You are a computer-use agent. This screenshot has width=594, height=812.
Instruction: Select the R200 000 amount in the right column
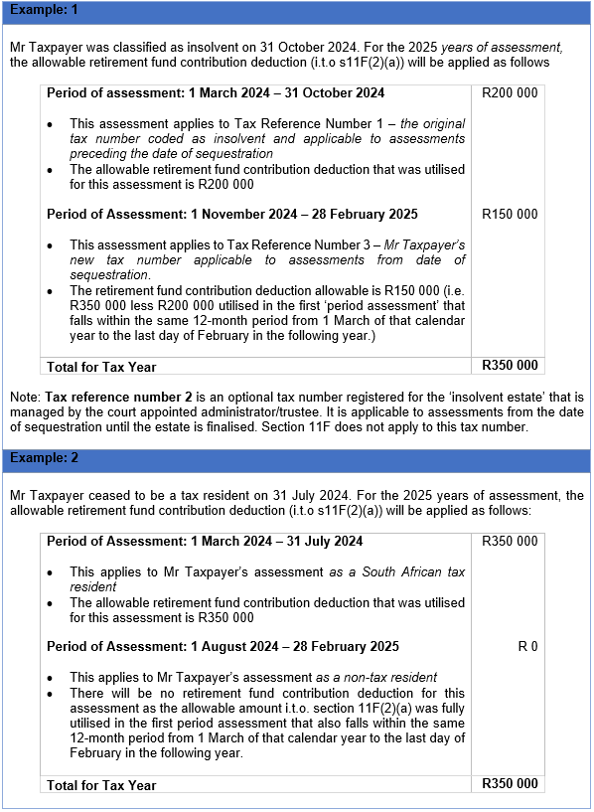510,93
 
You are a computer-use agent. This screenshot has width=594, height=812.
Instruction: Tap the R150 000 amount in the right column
510,214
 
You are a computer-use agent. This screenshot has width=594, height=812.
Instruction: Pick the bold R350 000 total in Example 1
510,366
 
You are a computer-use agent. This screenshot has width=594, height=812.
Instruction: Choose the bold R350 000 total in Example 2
510,784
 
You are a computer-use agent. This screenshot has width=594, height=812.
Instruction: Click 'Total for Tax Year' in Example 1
101,367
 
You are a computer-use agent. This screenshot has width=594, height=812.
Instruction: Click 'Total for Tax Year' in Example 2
101,785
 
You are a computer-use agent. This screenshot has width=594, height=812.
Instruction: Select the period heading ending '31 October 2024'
216,93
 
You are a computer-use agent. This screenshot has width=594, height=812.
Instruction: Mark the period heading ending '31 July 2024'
205,542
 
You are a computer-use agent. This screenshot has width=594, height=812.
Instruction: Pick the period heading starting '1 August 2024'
223,646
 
